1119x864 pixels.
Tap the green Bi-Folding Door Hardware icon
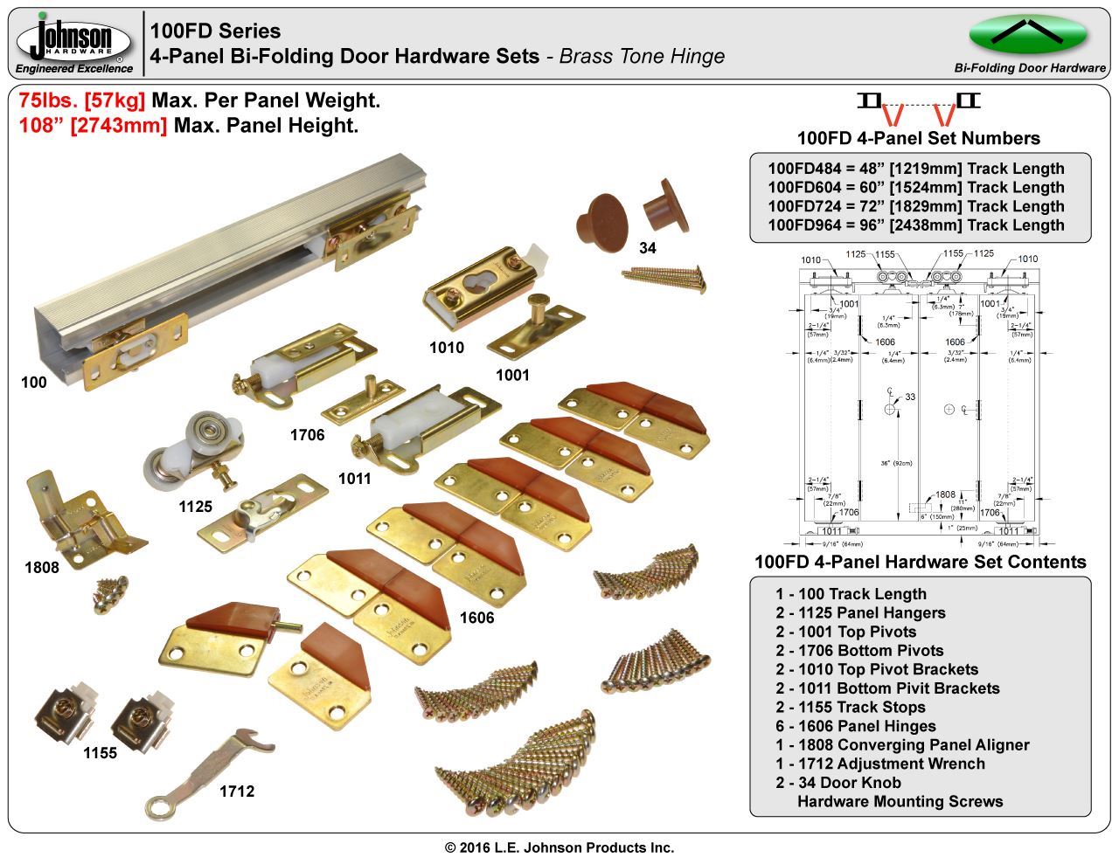click(1027, 35)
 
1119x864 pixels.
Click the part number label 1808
click(41, 568)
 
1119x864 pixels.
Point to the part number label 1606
click(476, 619)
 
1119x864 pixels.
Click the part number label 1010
click(446, 348)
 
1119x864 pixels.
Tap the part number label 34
click(647, 248)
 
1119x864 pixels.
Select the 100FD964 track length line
click(915, 225)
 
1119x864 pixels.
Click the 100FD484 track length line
click(915, 169)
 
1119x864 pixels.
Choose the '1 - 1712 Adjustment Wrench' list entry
click(879, 764)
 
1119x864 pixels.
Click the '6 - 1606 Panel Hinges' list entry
click(855, 726)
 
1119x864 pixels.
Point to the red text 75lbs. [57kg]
click(82, 100)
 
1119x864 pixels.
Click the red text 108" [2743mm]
click(93, 125)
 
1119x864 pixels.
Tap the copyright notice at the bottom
click(559, 847)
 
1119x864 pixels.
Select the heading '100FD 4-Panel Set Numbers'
click(918, 138)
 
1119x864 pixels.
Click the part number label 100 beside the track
click(33, 383)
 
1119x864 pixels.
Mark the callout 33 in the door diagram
click(910, 397)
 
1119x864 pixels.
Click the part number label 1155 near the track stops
click(100, 753)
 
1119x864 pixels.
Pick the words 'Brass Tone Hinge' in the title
click(642, 56)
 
